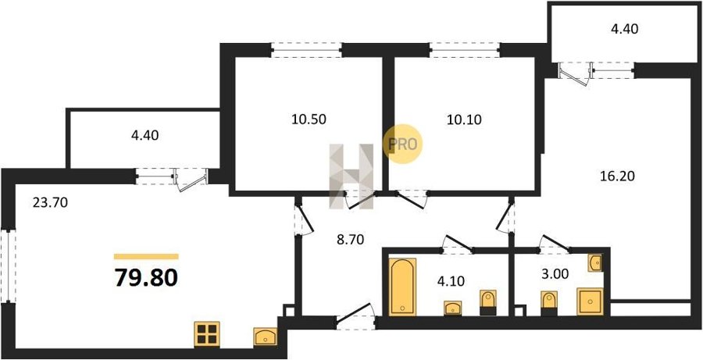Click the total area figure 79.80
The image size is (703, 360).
pos(146,277)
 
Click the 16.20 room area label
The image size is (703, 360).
pos(618,176)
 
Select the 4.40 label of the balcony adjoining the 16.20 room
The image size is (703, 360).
pos(626,30)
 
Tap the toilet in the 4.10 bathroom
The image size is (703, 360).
pos(488,301)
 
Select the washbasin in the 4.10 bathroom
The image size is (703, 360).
pos(453,308)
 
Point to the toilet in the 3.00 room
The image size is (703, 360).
pos(548,301)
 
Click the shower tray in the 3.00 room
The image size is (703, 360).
pos(588,301)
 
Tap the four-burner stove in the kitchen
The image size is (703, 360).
pos(206,334)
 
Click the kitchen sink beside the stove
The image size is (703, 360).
pos(265,337)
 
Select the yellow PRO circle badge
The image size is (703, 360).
pos(403,144)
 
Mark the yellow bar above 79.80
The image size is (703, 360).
pos(146,256)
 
